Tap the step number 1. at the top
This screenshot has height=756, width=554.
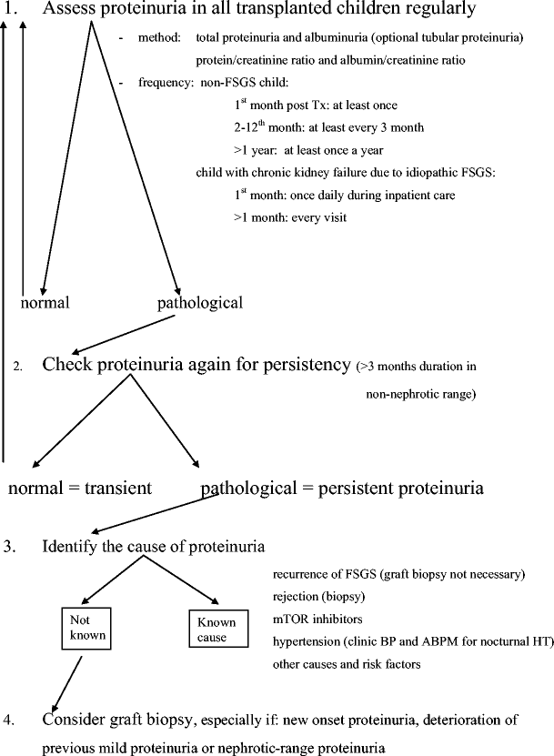click(11, 10)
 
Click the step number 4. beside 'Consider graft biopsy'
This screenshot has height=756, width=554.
click(9, 721)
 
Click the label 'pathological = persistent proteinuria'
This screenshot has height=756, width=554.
click(342, 488)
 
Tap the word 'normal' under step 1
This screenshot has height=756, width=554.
click(45, 301)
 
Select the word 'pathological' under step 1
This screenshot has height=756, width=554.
click(200, 301)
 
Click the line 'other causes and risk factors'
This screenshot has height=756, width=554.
click(347, 663)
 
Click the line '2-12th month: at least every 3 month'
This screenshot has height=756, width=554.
click(328, 127)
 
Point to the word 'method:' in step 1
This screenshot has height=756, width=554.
click(159, 37)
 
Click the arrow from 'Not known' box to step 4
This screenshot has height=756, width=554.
click(68, 681)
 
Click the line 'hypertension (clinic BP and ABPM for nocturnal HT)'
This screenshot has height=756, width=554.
click(412, 641)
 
